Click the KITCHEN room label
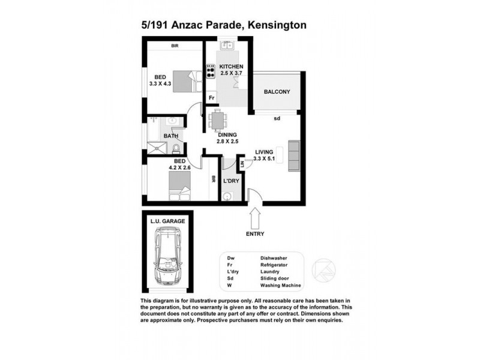coord(230,66)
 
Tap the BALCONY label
coord(277,92)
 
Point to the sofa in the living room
coord(293,155)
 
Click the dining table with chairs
coord(217,121)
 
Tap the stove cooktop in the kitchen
coord(211,72)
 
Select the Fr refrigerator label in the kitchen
coord(211,98)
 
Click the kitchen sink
coord(227,46)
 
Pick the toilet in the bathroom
coord(176,148)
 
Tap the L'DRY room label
coord(231,181)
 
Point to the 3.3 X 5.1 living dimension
coord(264,159)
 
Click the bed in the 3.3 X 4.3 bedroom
coord(185,80)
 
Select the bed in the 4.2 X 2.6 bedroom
coord(180,183)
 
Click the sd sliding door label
coord(277,118)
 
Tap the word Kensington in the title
coord(278,25)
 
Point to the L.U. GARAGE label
coord(168,222)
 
